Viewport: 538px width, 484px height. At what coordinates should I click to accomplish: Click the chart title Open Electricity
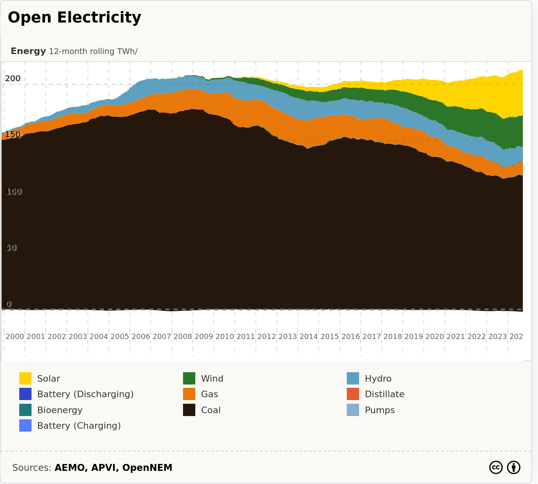tap(74, 18)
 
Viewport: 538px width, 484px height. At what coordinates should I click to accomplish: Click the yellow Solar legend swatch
tap(25, 378)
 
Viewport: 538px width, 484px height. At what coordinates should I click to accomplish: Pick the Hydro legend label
tap(378, 378)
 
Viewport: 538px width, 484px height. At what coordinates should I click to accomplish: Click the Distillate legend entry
tap(384, 394)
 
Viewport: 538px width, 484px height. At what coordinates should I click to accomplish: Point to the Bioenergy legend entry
tap(60, 410)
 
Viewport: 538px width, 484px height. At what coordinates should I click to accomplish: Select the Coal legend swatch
tap(189, 410)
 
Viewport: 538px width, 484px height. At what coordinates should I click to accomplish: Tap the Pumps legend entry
tap(380, 410)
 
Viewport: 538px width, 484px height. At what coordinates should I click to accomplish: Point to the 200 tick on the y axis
tap(12, 79)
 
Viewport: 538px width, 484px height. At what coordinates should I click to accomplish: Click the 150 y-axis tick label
tap(12, 135)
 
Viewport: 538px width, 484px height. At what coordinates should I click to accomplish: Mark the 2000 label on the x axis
tap(15, 337)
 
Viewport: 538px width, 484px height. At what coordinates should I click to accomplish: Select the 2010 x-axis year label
tap(225, 337)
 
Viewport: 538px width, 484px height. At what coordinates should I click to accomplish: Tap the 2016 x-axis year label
tap(351, 337)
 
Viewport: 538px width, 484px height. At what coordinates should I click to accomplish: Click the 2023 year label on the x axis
tap(498, 337)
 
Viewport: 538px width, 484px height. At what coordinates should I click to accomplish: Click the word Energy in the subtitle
tap(28, 51)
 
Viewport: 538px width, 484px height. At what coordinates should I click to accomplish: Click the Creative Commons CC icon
tap(496, 467)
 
